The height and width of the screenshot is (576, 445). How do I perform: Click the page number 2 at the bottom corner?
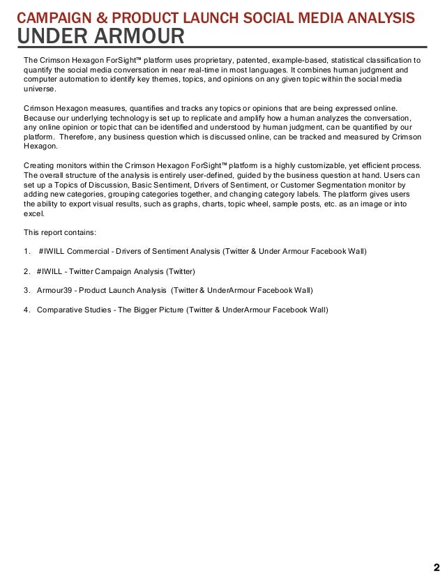click(436, 566)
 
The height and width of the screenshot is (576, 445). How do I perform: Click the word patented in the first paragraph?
click(241, 60)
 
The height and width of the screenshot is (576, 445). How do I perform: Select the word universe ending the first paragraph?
click(38, 89)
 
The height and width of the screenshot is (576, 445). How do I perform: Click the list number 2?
click(27, 271)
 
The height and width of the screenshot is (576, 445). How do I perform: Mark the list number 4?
click(27, 310)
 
